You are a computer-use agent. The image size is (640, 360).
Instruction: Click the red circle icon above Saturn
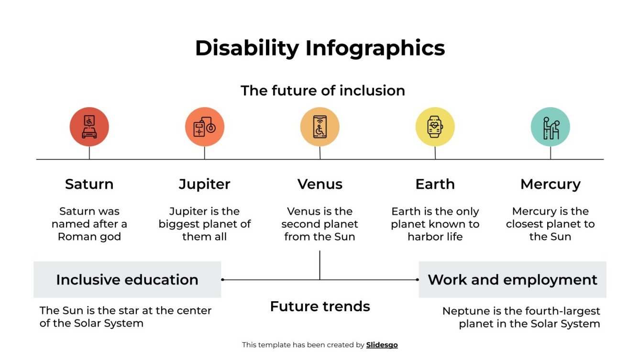pos(89,127)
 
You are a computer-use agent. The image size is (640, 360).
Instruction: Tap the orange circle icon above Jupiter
pos(205,127)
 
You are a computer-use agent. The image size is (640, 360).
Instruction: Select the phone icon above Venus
pos(320,127)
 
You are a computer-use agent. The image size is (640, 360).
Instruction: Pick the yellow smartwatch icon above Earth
pos(435,127)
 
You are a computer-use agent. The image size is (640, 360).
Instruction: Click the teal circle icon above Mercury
pos(550,127)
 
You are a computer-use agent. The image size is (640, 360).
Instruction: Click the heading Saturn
pos(89,184)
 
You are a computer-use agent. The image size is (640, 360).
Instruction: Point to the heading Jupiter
pos(205,184)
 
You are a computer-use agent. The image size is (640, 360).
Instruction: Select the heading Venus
pos(320,184)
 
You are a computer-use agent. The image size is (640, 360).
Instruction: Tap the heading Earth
pos(435,184)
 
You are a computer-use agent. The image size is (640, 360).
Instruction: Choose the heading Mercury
pos(550,184)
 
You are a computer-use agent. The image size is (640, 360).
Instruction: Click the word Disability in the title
pos(247,48)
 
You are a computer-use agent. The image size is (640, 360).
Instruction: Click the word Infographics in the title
pos(375,48)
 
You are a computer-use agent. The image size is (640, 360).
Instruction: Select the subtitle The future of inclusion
pos(323,90)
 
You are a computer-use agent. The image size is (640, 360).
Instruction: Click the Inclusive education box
pos(127,280)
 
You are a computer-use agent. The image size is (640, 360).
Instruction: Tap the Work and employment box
pos(512,280)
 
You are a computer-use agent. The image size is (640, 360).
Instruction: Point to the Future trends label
pos(320,306)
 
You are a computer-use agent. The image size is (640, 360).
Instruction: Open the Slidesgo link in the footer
pos(382,345)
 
